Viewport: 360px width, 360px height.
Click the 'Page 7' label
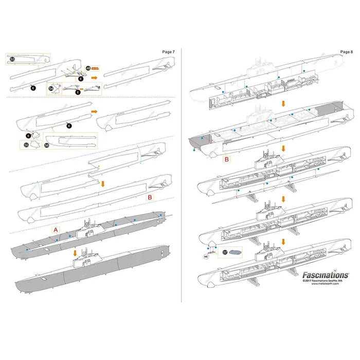pyautogui.click(x=168, y=52)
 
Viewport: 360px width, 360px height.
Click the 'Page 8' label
pyautogui.click(x=346, y=52)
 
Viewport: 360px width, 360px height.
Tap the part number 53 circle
pyautogui.click(x=12, y=60)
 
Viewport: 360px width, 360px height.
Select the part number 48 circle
pyautogui.click(x=88, y=68)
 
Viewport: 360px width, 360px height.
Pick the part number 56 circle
pyautogui.click(x=47, y=145)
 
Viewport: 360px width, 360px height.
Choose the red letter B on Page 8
pyautogui.click(x=226, y=160)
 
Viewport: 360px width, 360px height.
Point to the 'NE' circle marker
pyautogui.click(x=207, y=254)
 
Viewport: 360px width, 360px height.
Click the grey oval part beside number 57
pyautogui.click(x=236, y=252)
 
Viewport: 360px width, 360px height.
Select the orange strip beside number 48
pyautogui.click(x=97, y=68)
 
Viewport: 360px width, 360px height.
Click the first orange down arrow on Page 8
pyautogui.click(x=282, y=103)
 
